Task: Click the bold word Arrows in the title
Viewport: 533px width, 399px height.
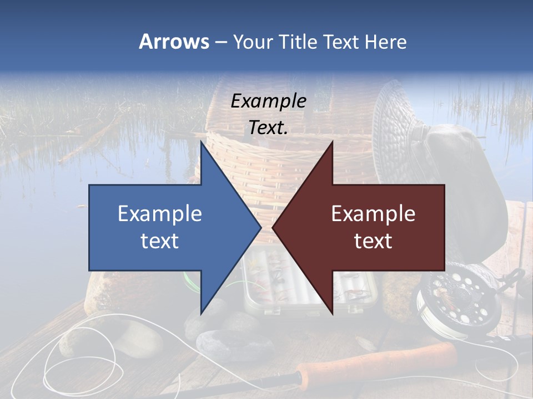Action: click(x=174, y=42)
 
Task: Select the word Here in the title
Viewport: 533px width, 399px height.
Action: click(x=386, y=42)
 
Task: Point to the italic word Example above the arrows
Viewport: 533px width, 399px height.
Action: click(x=268, y=101)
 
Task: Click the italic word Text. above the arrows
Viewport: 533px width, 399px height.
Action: click(x=268, y=128)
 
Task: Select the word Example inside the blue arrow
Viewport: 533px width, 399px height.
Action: click(x=160, y=213)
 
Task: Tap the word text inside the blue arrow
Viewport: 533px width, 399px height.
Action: click(x=160, y=241)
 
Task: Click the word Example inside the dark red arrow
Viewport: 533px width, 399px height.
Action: click(x=373, y=213)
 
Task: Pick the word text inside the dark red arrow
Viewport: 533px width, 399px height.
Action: click(x=373, y=241)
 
